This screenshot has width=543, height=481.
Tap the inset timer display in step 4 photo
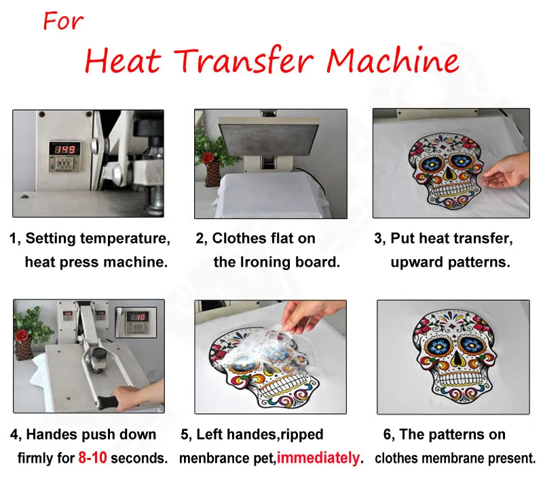click(139, 318)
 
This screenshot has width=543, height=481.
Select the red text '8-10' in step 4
click(92, 458)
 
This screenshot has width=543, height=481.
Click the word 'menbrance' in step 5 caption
click(212, 458)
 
